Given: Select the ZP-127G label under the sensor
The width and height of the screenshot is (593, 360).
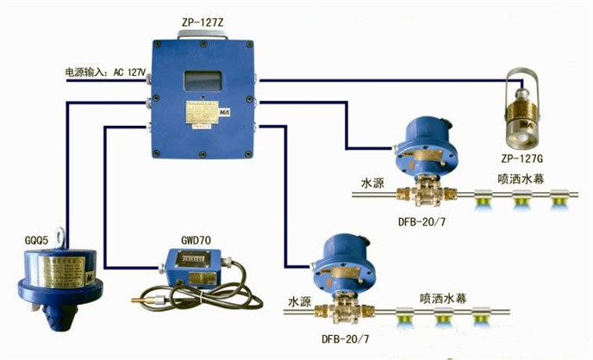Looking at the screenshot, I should point(526,158).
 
